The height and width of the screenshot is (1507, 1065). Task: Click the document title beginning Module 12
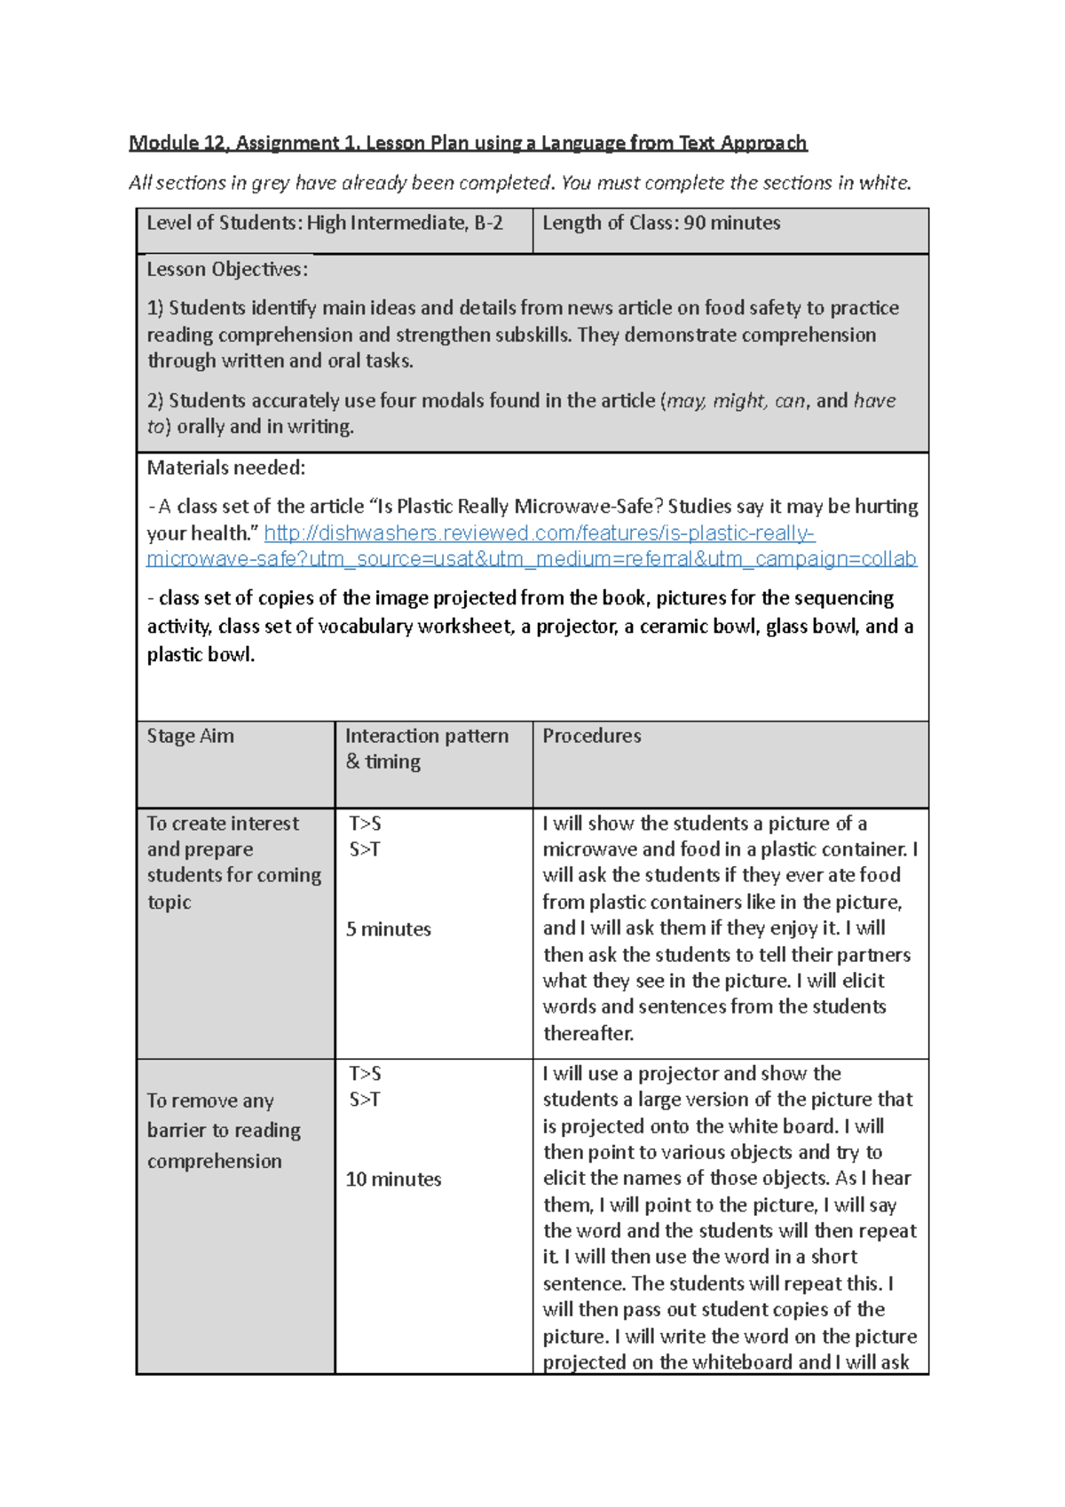468,143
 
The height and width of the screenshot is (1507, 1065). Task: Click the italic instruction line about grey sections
519,183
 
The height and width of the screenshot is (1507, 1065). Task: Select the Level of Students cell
325,224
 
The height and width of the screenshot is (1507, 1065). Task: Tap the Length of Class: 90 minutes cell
661,224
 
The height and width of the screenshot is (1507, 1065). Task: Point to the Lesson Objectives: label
227,270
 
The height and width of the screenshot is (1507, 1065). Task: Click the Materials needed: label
225,468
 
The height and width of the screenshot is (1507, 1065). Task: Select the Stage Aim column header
191,736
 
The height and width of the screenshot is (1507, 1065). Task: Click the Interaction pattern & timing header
426,748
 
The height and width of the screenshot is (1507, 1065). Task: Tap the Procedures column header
591,736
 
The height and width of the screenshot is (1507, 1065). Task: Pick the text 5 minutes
388,929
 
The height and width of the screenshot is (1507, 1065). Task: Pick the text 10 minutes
393,1180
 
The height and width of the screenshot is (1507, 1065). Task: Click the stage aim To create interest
223,824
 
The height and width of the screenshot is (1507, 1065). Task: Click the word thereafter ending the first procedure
588,1034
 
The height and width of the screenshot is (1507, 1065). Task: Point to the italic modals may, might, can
736,401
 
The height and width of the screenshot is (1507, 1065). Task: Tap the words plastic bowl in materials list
201,655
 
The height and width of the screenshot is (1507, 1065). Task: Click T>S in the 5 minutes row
365,824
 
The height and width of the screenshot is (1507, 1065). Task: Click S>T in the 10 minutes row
365,1101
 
